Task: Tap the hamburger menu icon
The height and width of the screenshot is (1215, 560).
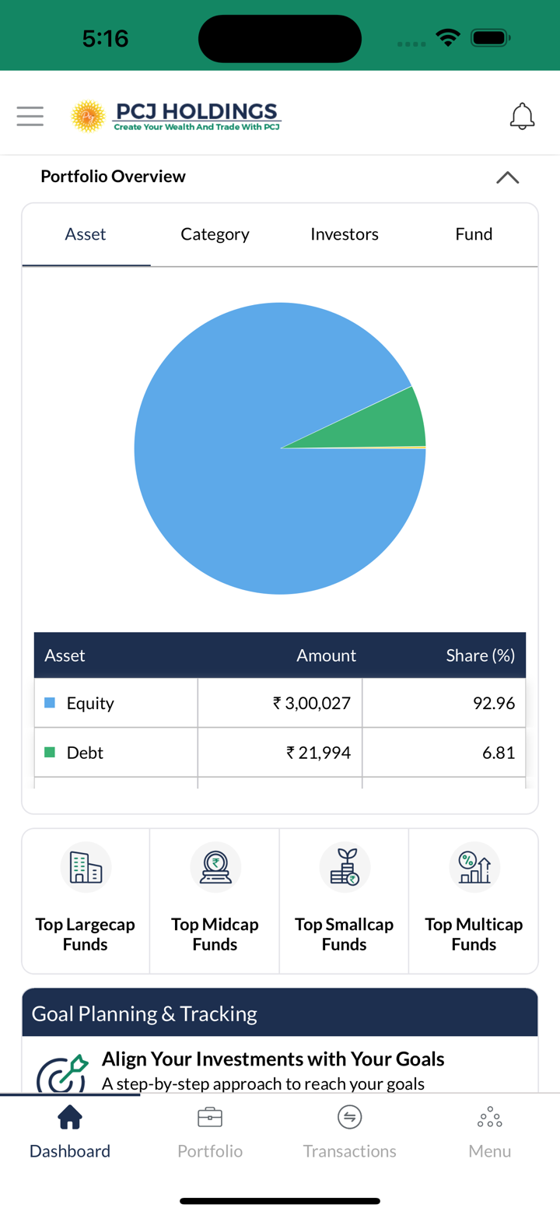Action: click(x=30, y=116)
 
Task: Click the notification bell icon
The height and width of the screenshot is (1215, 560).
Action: click(x=522, y=116)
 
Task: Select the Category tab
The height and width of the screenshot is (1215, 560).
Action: click(x=215, y=234)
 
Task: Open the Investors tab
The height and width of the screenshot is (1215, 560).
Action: click(x=344, y=234)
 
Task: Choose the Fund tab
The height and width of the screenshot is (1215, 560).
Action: click(x=474, y=234)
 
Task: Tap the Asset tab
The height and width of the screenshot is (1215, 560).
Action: click(x=86, y=234)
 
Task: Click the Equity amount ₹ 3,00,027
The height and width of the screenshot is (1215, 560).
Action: click(x=312, y=703)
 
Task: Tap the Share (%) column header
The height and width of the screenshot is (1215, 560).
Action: click(x=480, y=655)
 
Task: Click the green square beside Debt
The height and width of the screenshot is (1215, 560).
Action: click(x=50, y=753)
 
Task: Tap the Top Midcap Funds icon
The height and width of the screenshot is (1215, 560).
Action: click(x=215, y=867)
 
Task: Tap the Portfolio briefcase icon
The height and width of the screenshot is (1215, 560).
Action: click(x=210, y=1118)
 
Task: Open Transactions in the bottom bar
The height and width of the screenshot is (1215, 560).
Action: click(x=350, y=1132)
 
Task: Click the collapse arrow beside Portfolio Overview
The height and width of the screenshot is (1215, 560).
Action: click(x=507, y=177)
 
